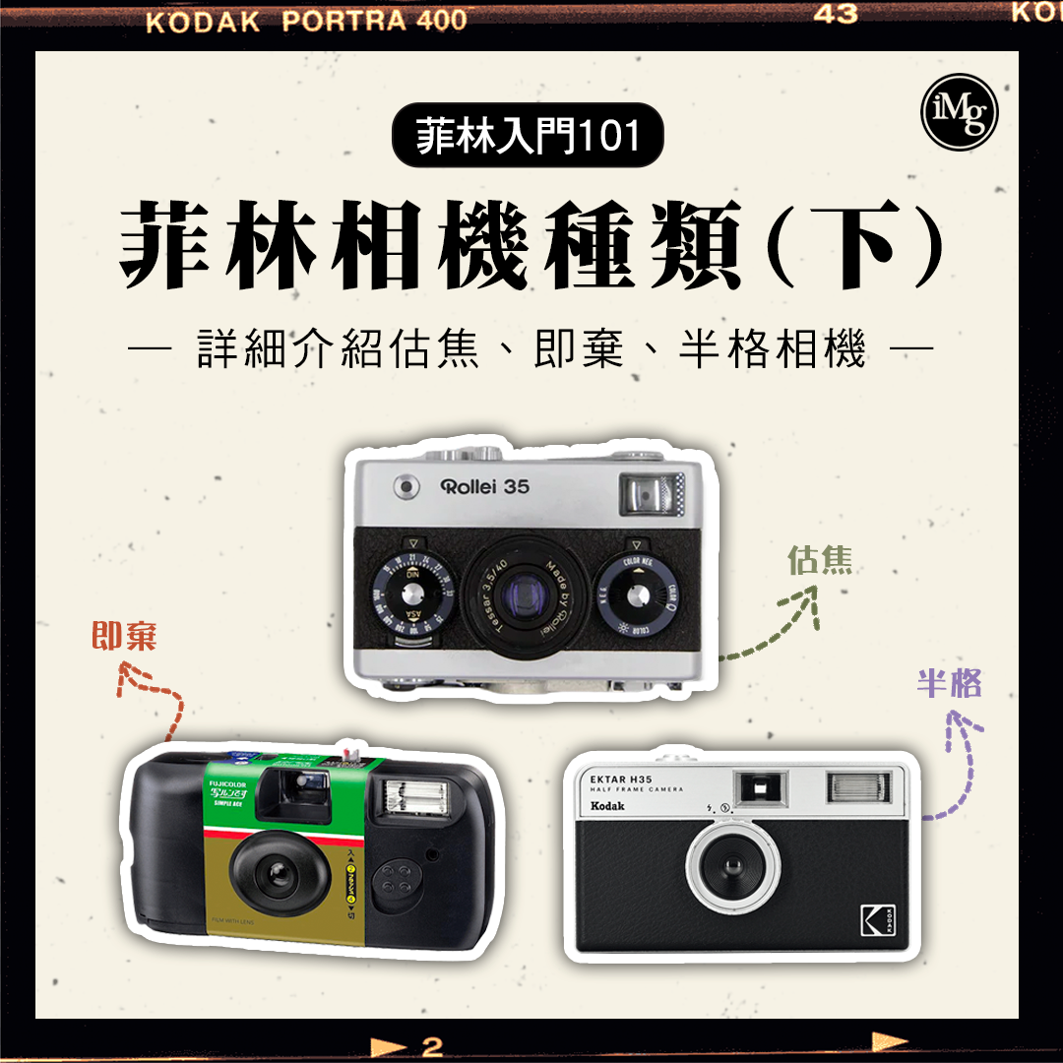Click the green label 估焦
pyautogui.click(x=820, y=559)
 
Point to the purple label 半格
pyautogui.click(x=949, y=683)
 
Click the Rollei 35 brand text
pyautogui.click(x=485, y=485)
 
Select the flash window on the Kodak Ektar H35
pyautogui.click(x=859, y=785)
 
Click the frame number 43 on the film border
pyautogui.click(x=835, y=15)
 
